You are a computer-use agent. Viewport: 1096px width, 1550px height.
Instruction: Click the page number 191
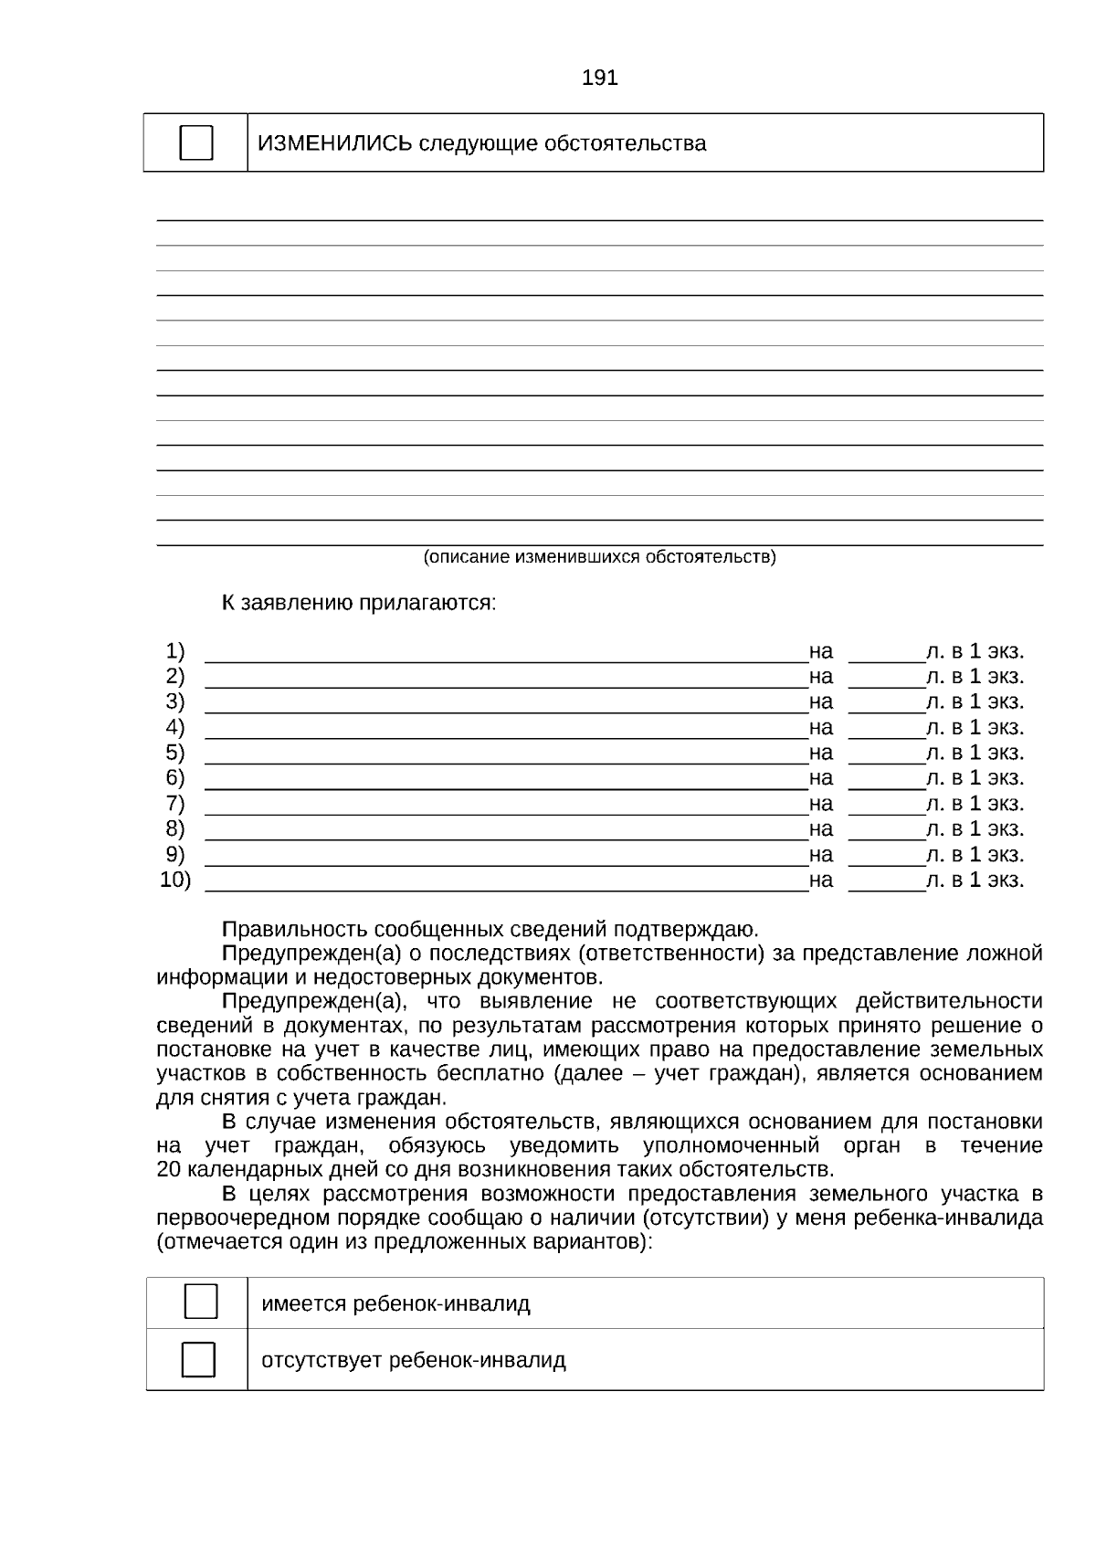point(599,79)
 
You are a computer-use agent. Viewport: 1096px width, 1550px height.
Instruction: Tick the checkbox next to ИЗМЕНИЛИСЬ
point(196,143)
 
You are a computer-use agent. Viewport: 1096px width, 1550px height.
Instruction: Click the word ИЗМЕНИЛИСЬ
point(334,143)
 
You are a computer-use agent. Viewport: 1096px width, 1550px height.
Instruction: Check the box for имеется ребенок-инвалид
point(201,1302)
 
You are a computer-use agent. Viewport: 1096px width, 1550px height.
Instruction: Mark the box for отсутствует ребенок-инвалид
point(199,1359)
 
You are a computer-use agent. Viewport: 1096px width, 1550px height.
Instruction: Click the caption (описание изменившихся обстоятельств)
point(599,556)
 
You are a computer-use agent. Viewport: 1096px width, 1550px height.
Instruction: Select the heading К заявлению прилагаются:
point(359,603)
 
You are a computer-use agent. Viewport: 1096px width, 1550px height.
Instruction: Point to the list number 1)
point(174,651)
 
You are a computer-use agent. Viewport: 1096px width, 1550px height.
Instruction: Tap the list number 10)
point(175,880)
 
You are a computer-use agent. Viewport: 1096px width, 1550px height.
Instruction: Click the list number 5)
point(174,753)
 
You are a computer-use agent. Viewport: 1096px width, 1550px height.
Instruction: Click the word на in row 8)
point(820,829)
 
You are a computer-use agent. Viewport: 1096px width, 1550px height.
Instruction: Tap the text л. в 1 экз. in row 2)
point(975,677)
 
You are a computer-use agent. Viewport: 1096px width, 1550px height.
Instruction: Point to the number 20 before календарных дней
point(170,1170)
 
